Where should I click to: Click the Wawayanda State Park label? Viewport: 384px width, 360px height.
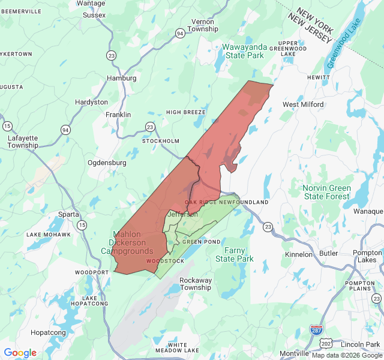[x=243, y=51]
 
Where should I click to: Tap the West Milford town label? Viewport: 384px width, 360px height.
[x=303, y=104]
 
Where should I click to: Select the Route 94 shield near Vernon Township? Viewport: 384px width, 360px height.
[x=180, y=34]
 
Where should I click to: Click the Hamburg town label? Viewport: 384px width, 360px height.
[x=121, y=78]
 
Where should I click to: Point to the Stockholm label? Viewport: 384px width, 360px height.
[x=160, y=141]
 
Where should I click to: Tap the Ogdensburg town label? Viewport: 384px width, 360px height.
[x=107, y=163]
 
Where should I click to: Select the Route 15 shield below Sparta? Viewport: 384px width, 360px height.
[x=82, y=225]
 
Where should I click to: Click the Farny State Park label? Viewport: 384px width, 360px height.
[x=235, y=254]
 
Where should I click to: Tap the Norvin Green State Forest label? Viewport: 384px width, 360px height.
[x=326, y=193]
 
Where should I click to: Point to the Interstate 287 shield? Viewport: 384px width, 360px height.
[x=316, y=330]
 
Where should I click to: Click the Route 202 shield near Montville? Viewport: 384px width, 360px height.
[x=326, y=342]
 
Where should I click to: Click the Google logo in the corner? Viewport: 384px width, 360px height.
[x=20, y=353]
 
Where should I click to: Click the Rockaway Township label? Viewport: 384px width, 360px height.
[x=196, y=283]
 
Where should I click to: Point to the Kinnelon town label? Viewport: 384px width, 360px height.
[x=298, y=254]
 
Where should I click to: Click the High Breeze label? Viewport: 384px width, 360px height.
[x=186, y=112]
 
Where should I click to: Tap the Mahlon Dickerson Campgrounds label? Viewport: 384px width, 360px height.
[x=131, y=242]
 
